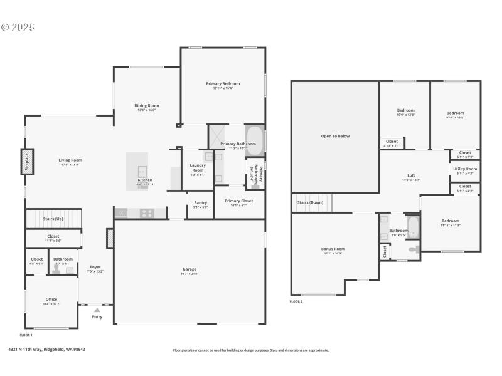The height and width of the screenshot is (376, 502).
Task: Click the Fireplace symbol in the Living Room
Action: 27,161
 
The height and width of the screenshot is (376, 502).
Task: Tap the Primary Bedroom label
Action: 223,83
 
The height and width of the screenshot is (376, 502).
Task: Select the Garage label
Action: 190,269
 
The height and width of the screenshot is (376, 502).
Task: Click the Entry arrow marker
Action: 97,310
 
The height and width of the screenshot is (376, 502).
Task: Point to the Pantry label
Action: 200,202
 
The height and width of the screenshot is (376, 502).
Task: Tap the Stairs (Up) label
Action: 53,219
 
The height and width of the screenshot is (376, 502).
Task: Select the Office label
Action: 51,299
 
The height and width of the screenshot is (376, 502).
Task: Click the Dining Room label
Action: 147,105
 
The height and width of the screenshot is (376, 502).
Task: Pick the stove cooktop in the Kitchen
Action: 146,213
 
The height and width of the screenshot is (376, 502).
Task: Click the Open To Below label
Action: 335,136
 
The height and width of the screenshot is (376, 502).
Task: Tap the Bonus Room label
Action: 333,249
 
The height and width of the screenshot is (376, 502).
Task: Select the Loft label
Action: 411,175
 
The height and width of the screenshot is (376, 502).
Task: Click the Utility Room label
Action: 465,169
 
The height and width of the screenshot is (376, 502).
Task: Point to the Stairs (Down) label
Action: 310,202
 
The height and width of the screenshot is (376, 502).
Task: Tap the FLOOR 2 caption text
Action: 296,301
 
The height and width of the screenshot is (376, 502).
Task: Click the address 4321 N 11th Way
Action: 46,350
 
